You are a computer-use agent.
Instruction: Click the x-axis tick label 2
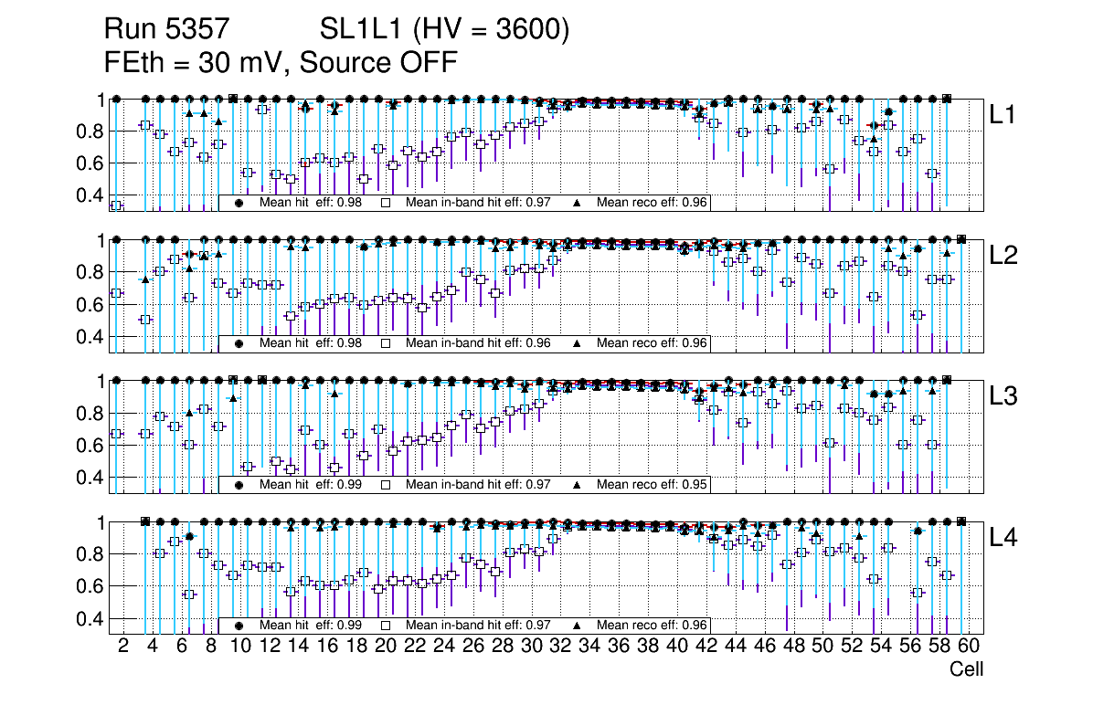123,647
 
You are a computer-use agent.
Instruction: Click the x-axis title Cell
966,669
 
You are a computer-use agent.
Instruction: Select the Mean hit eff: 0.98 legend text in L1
311,202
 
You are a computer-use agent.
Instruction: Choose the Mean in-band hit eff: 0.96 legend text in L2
478,343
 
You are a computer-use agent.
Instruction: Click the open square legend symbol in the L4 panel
386,626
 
